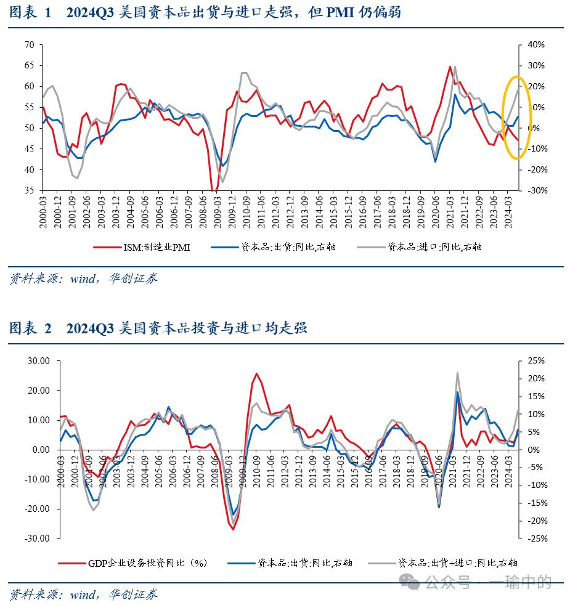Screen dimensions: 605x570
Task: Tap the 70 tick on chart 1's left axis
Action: pyautogui.click(x=29, y=45)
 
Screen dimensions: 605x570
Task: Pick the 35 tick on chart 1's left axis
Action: pyautogui.click(x=29, y=190)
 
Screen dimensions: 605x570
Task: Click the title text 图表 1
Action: pyautogui.click(x=30, y=12)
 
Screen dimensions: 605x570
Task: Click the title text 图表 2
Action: pyautogui.click(x=30, y=328)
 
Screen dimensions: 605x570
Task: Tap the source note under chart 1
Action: pyautogui.click(x=83, y=278)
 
